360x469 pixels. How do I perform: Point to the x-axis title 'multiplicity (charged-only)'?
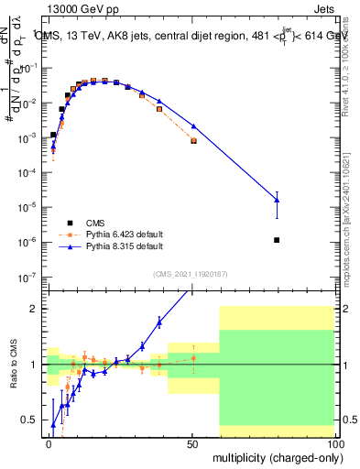(275, 456)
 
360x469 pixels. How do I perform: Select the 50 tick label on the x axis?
(193, 442)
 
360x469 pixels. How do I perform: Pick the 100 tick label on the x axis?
(335, 442)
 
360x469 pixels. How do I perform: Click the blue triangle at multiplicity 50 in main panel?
(193, 125)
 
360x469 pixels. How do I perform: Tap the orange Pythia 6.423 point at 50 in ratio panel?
(193, 358)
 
